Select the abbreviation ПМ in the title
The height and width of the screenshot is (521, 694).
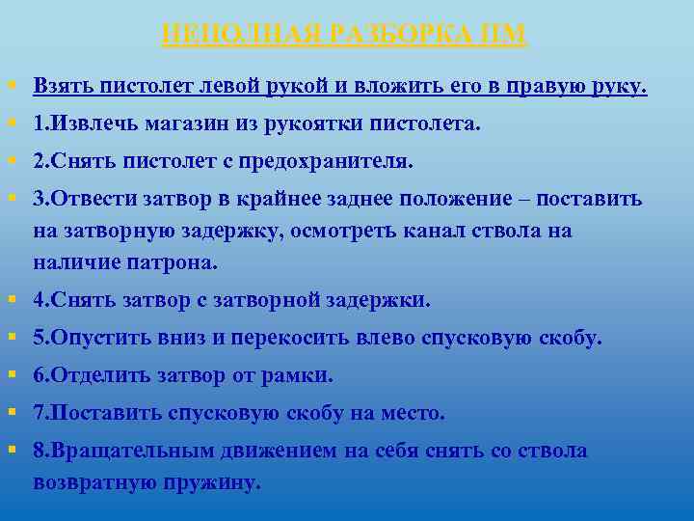click(504, 35)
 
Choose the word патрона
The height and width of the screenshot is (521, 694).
click(180, 262)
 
